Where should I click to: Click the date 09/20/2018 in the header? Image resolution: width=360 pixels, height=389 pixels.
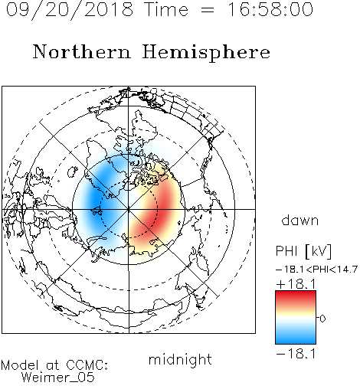coord(70,10)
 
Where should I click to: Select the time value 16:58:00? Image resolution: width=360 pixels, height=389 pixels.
coord(270,9)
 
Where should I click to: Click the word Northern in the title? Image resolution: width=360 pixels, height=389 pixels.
coord(82,52)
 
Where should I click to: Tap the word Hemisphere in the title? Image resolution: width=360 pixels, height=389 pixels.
coord(206,53)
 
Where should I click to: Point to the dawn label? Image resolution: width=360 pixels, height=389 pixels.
coord(300,221)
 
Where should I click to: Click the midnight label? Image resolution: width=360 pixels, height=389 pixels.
coord(180,360)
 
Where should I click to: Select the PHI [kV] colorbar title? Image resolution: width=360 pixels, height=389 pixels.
coord(303,251)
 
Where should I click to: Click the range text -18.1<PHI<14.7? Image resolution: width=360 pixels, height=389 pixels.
coord(316,270)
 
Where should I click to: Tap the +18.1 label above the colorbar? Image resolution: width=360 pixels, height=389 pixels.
coord(296,284)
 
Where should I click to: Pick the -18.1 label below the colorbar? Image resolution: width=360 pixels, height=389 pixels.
coord(296,354)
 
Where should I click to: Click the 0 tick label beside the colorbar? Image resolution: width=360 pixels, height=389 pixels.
coord(322,319)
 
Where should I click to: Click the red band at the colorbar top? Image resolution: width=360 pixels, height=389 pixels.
coord(296,296)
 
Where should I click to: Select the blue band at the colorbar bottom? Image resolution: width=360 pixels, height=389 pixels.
coord(296,338)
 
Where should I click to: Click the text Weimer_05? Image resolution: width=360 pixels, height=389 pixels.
coord(58,378)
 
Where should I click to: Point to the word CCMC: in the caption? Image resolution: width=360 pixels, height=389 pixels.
coord(87,365)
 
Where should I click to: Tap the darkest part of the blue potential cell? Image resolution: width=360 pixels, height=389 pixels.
coord(97,201)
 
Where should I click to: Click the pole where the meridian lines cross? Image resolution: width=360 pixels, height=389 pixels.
coord(129,209)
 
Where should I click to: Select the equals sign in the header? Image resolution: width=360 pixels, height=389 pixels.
coord(208,10)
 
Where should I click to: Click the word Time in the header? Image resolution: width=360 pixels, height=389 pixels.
coord(166,10)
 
